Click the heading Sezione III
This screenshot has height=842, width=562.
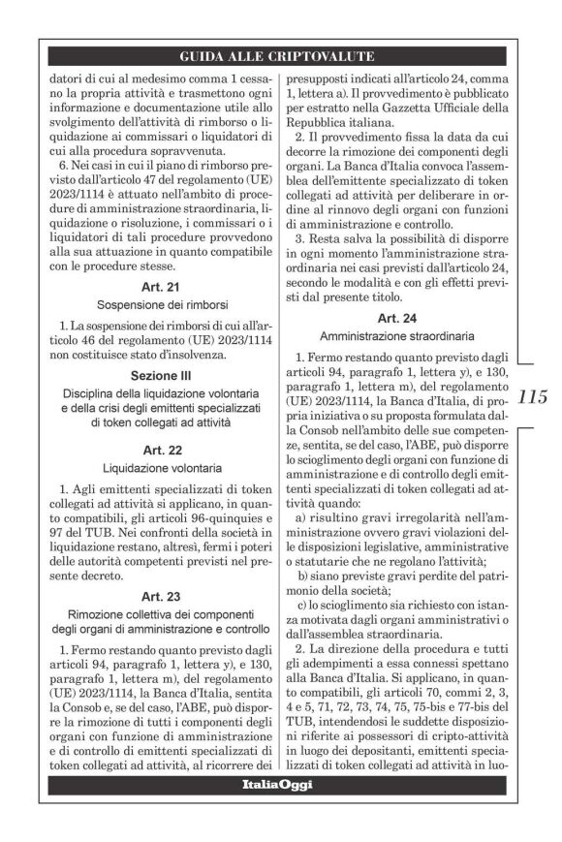point(157,375)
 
